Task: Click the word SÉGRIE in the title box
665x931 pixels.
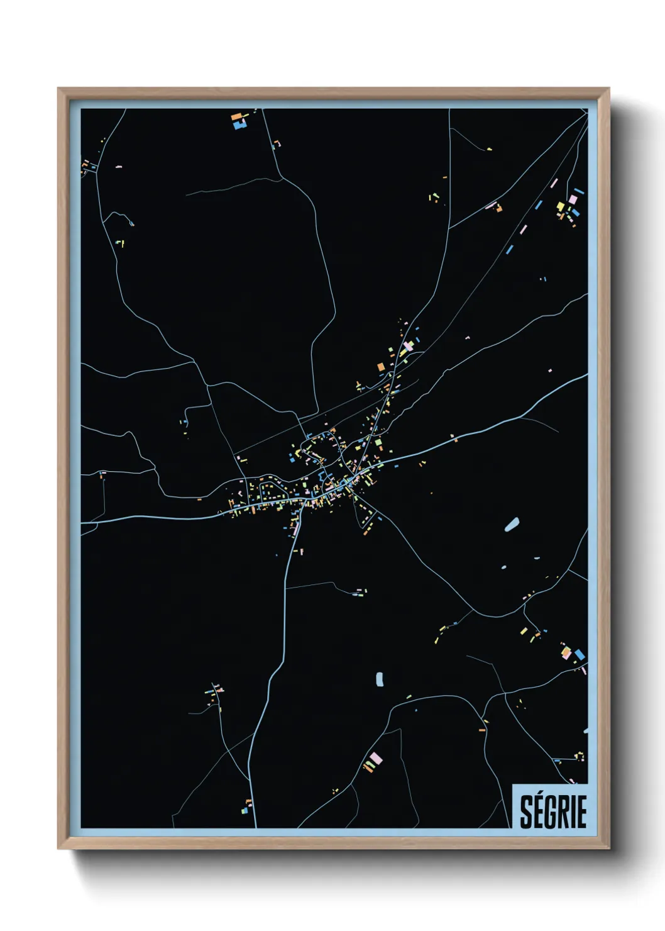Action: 553,811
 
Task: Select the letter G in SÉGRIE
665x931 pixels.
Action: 551,812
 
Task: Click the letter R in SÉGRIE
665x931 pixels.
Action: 564,812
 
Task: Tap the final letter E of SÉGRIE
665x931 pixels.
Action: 581,812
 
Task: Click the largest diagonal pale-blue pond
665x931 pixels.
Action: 512,524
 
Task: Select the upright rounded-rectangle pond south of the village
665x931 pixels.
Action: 379,679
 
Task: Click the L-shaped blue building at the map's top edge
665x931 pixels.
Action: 239,125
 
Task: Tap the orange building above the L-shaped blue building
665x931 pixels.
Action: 236,116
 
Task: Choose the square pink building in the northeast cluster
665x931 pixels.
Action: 573,199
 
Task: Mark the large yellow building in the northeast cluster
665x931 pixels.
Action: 561,206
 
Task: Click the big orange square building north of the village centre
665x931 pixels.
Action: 380,366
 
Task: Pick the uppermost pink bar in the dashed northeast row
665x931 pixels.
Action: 554,184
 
